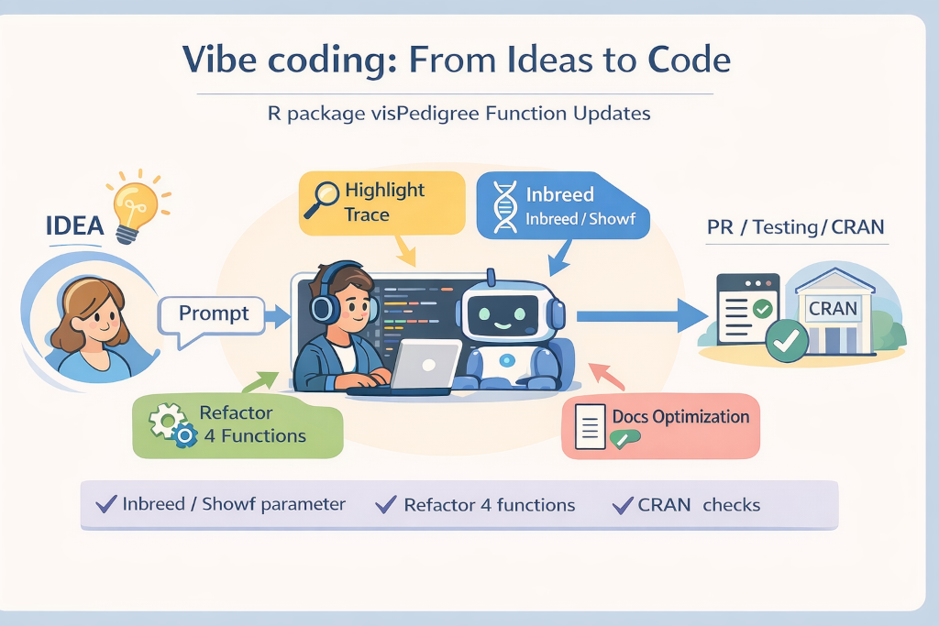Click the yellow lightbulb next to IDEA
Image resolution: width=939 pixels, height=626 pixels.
click(x=135, y=210)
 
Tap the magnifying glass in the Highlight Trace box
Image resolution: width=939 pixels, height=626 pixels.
click(x=322, y=199)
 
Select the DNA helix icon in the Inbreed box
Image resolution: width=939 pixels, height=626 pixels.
click(x=505, y=206)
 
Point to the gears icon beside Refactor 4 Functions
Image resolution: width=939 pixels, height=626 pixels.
click(x=173, y=425)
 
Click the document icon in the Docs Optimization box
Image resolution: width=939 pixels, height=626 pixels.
click(x=590, y=427)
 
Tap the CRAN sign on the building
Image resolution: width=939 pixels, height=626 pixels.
click(x=833, y=308)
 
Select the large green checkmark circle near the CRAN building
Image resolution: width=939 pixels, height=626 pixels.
click(x=787, y=341)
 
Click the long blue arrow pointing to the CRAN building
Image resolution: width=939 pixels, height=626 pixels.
click(x=642, y=315)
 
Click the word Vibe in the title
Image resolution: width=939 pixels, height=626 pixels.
click(x=221, y=60)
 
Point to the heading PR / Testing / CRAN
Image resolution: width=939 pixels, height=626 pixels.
click(x=795, y=227)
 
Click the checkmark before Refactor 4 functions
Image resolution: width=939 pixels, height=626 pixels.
click(x=386, y=504)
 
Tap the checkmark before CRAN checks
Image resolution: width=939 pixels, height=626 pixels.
click(x=623, y=505)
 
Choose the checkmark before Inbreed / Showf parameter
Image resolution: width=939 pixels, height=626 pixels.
click(x=106, y=504)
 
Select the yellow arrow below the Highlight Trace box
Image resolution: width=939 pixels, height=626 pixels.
click(x=404, y=250)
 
